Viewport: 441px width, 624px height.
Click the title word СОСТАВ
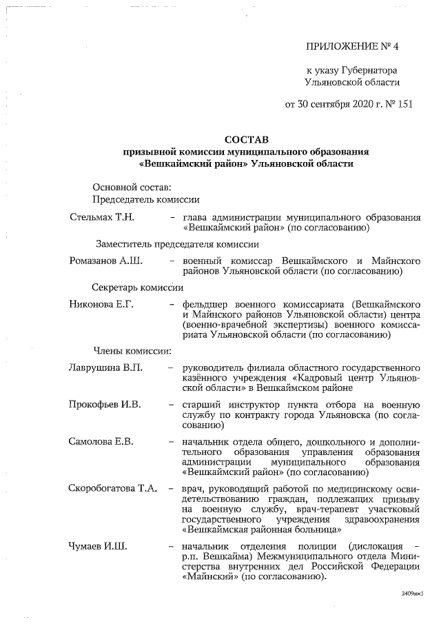(247, 139)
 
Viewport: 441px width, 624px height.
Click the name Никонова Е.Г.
(101, 305)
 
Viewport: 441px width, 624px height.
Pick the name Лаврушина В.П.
(106, 366)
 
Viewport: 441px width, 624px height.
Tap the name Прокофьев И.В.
(105, 404)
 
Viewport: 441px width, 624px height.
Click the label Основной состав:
(132, 187)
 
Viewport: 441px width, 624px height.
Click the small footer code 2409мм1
(411, 593)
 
